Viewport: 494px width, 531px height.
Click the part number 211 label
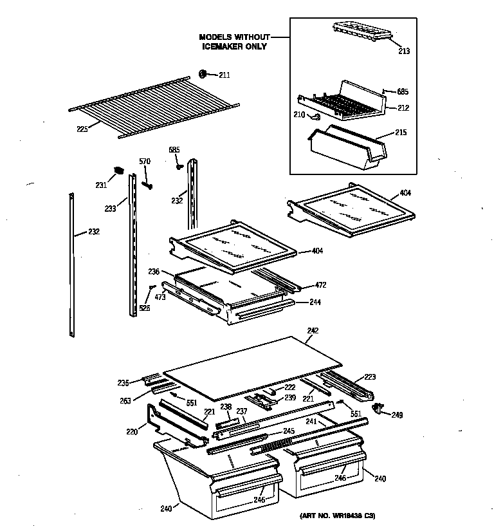coord(224,75)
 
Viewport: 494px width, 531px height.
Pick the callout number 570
coord(145,161)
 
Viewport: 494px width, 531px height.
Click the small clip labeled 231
coord(118,171)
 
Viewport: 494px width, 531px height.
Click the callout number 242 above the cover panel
coord(313,331)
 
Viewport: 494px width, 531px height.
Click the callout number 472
coord(321,285)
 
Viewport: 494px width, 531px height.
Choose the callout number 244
coord(315,302)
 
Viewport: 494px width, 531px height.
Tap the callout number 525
coord(145,309)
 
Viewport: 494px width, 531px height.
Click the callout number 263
coord(125,400)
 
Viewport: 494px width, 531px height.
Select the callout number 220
coord(132,432)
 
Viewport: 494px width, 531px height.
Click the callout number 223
coord(370,377)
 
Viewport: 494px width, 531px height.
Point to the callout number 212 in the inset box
coord(403,108)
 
